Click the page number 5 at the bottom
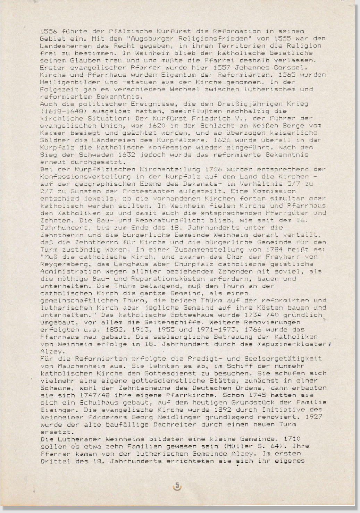coord(177,486)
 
